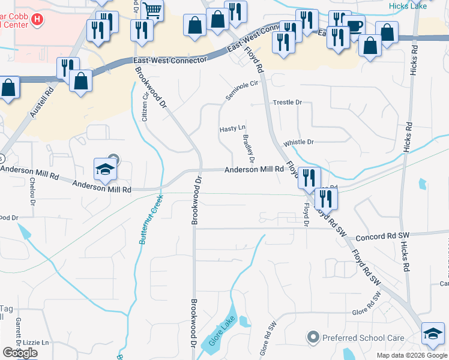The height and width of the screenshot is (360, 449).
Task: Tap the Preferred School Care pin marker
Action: click(312, 338)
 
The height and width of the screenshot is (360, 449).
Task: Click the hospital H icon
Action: click(37, 19)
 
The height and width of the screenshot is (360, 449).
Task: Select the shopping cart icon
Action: click(153, 9)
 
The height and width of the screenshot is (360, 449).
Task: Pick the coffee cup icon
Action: click(355, 26)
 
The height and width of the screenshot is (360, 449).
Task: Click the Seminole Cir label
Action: click(241, 90)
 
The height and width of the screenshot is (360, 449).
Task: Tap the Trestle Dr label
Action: click(288, 103)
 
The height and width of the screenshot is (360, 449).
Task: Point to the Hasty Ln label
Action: click(232, 129)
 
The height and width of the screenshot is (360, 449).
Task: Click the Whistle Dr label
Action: click(299, 142)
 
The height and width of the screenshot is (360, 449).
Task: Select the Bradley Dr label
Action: click(249, 149)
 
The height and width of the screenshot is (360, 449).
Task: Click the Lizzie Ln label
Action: click(37, 342)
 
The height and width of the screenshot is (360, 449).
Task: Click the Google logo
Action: click(20, 353)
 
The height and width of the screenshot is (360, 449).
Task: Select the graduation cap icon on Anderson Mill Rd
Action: click(105, 169)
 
